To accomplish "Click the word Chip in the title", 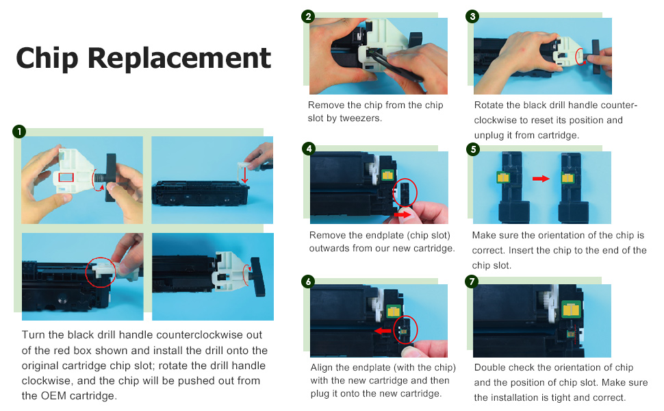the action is click(47, 58).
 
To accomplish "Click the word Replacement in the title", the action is click(179, 58).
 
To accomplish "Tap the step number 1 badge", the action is click(19, 132).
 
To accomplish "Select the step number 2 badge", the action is click(308, 16).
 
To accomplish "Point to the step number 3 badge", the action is click(472, 16).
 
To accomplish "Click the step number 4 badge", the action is click(309, 149).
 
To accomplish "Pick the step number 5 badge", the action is click(472, 149).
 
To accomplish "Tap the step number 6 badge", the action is click(308, 282).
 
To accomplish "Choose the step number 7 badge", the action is click(472, 282).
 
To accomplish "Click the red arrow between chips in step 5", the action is click(541, 179).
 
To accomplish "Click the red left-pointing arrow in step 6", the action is click(383, 330).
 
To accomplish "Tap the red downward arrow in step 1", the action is click(244, 174).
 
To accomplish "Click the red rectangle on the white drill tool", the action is click(66, 177).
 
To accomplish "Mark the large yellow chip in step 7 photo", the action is click(570, 310).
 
